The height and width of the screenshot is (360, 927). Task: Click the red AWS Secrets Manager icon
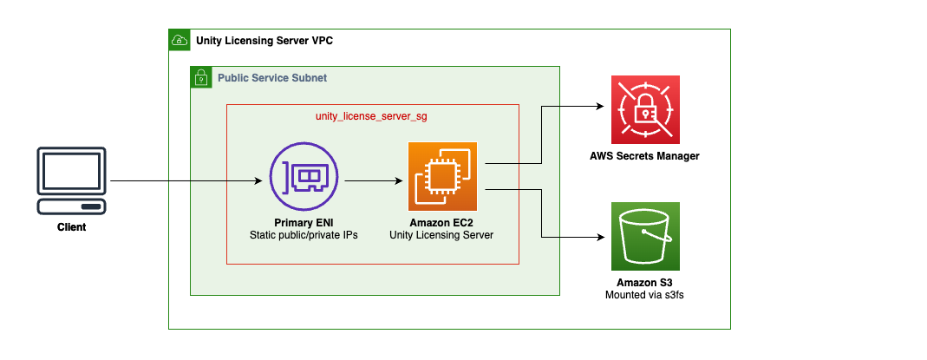(645, 109)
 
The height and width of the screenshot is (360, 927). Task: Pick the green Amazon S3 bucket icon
(645, 237)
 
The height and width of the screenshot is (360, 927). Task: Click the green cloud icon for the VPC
(179, 40)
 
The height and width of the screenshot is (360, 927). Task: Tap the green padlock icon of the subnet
(201, 78)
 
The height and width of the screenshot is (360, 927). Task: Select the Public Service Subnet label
(272, 78)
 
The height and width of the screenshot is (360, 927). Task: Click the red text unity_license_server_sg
(371, 115)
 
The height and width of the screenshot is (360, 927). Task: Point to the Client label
(72, 227)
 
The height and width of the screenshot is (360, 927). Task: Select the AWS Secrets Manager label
(645, 156)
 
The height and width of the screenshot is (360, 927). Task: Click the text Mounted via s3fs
(645, 295)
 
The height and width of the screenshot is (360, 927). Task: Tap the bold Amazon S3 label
(645, 283)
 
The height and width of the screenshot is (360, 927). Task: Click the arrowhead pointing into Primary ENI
(258, 181)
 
